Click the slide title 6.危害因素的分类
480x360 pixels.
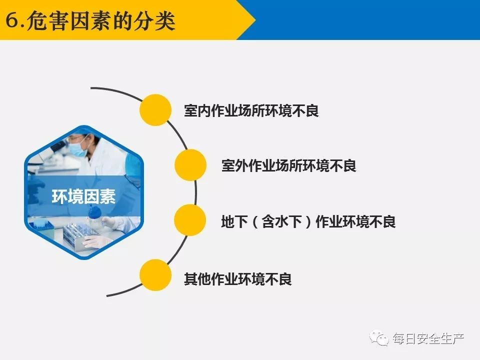(90, 21)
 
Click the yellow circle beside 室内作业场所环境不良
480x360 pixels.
(155, 110)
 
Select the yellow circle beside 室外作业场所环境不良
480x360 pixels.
(190, 165)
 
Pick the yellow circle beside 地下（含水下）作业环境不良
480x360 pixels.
(190, 220)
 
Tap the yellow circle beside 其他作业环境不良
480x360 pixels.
(155, 275)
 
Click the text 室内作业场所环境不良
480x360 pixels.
(251, 110)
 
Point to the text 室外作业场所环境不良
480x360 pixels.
(289, 165)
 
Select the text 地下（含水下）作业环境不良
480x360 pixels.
(308, 221)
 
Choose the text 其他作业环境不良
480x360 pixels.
(238, 279)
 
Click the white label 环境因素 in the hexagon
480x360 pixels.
(83, 196)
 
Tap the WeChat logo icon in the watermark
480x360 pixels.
(379, 338)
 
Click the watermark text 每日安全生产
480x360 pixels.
(428, 338)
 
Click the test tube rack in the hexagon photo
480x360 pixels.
(80, 235)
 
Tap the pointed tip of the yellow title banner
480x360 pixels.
(255, 20)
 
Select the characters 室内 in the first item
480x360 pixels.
(197, 110)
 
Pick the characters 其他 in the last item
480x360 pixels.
(197, 279)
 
